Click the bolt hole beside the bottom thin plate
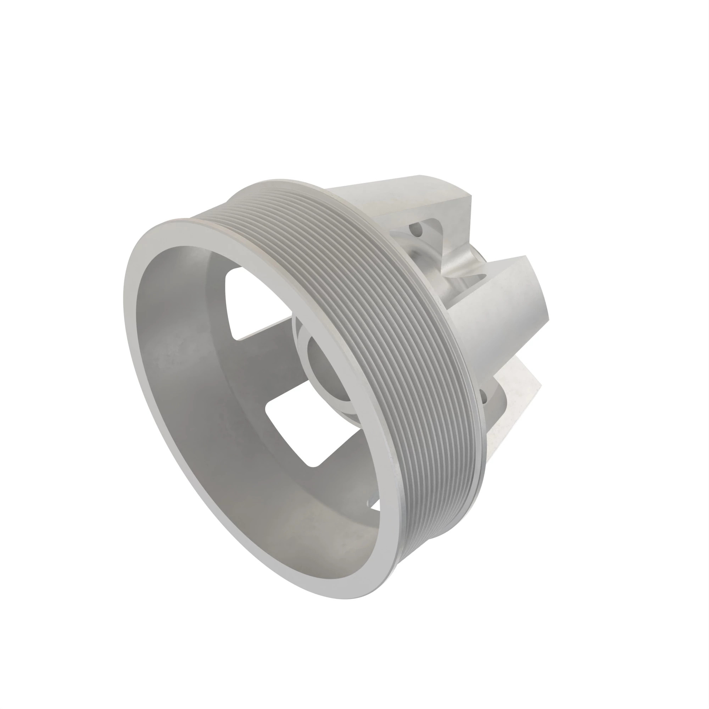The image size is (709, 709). pyautogui.click(x=483, y=396)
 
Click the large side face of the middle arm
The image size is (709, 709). pyautogui.click(x=499, y=316)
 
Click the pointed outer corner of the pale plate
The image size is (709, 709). pyautogui.click(x=541, y=385)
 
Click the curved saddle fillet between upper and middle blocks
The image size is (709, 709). pyautogui.click(x=459, y=264)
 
